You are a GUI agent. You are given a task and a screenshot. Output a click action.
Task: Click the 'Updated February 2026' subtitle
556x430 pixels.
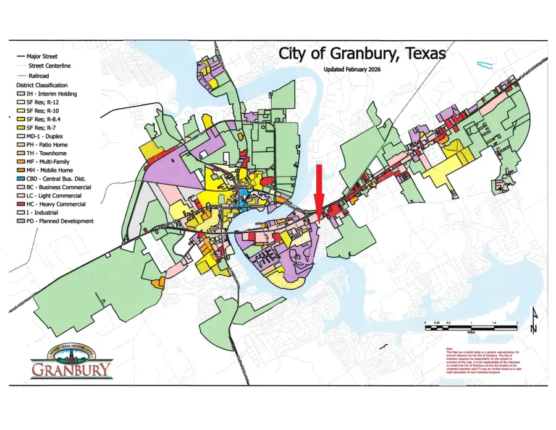tap(352, 69)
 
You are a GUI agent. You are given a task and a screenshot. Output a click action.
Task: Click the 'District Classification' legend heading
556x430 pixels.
tap(42, 85)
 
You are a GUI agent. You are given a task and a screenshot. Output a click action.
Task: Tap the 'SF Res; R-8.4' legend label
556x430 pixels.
tap(48, 119)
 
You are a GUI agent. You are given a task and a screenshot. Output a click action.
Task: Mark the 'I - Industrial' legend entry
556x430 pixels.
tap(45, 212)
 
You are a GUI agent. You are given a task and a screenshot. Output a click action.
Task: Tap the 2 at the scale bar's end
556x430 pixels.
tap(516, 324)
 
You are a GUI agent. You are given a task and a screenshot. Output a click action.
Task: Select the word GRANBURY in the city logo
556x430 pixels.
tap(72, 371)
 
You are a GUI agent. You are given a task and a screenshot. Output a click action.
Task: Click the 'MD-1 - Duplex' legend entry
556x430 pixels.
tap(48, 136)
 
